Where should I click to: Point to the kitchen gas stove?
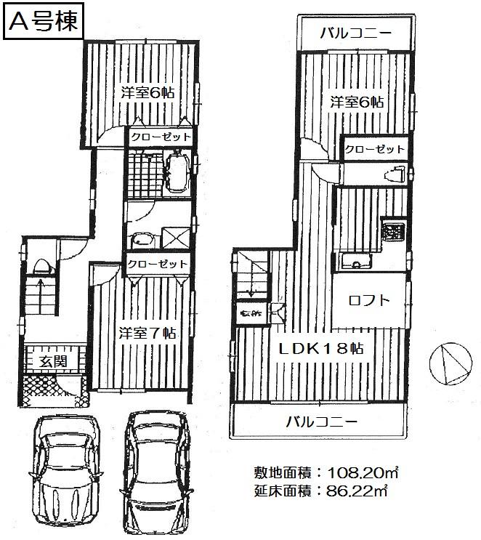click(x=393, y=232)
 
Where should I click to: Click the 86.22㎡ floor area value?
click(x=354, y=491)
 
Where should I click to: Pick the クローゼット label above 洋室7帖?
click(x=158, y=264)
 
